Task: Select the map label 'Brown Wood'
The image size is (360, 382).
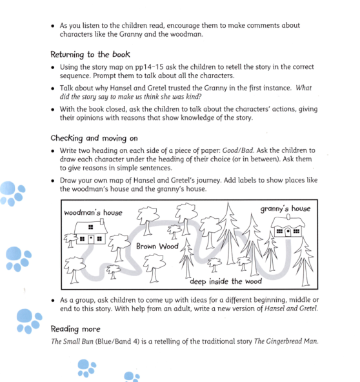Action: tap(157, 246)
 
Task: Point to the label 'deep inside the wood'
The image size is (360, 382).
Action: tap(226, 281)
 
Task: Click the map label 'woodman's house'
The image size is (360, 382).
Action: tap(92, 212)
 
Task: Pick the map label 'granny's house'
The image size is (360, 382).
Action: tap(285, 208)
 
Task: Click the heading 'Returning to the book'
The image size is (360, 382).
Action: tap(90, 55)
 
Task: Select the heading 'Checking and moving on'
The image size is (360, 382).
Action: tap(94, 138)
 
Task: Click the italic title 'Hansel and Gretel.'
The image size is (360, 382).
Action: tap(285, 308)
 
